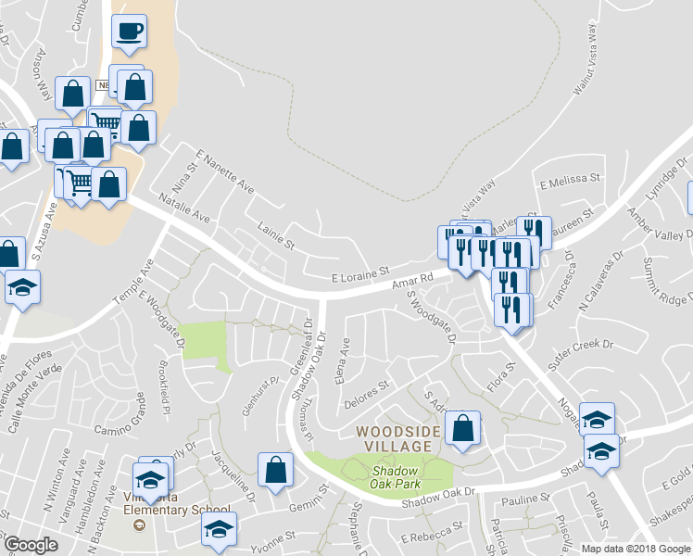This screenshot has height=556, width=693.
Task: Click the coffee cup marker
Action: pos(129,32)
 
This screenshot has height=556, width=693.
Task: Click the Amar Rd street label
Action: pos(413,278)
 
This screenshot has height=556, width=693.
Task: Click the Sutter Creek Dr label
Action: pos(580,356)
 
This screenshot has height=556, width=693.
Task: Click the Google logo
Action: pos(31,544)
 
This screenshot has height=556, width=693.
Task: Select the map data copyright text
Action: pos(636,548)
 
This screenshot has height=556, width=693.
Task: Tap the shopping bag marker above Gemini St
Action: pos(276,470)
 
